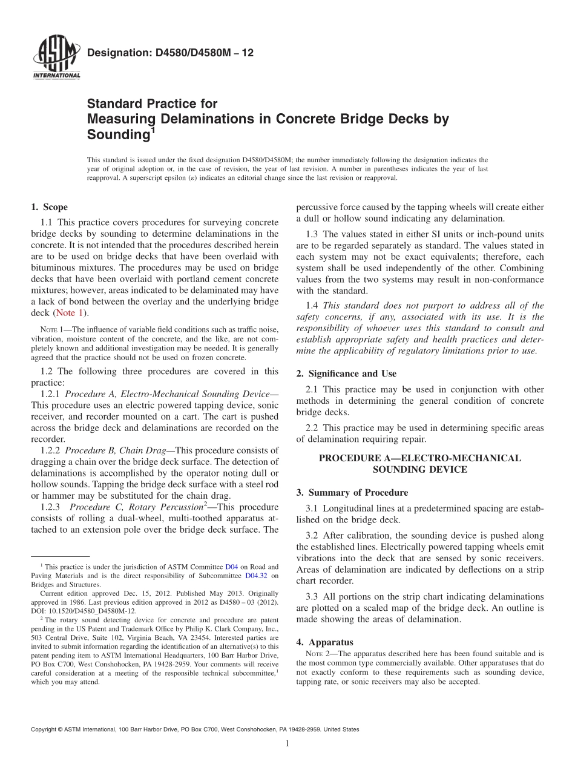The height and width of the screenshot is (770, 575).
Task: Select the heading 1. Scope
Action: click(x=49, y=207)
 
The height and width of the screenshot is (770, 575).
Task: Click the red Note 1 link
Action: click(x=71, y=313)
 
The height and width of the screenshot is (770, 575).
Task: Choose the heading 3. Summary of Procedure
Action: click(x=352, y=492)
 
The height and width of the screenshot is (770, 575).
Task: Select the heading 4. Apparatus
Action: click(x=324, y=642)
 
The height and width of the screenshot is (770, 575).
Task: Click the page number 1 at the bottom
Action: click(x=287, y=744)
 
